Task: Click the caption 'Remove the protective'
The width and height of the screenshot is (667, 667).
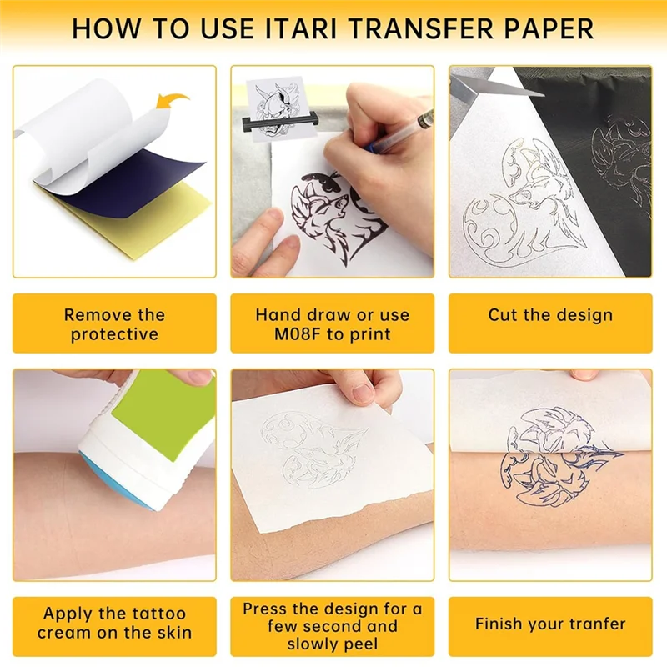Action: tap(114, 324)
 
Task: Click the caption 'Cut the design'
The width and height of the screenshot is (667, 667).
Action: tap(550, 315)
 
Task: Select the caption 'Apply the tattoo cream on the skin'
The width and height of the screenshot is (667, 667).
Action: tap(114, 624)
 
